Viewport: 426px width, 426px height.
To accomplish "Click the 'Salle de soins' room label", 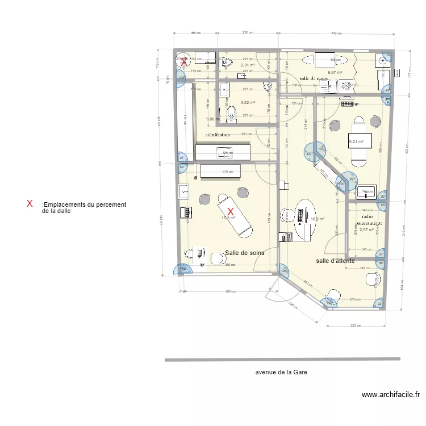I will coord(244,253).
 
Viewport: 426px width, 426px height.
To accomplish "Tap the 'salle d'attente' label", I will coord(336,261).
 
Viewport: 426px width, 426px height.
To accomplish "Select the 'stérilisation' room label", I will coord(218,135).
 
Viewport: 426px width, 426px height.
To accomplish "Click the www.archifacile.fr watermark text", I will coord(390,395).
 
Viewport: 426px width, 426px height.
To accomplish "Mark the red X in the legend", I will coord(30,203).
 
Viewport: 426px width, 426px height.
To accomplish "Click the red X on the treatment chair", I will coord(231,211).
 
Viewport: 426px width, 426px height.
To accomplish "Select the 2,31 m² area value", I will coord(248,65).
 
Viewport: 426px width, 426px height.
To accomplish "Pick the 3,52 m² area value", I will coord(248,103).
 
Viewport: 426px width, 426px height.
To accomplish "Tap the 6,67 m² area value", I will coord(335,73).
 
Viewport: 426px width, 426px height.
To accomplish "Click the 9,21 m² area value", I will coord(356,142).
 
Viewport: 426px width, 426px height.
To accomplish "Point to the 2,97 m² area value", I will coord(367,230).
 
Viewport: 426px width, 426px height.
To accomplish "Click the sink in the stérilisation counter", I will coord(220,152).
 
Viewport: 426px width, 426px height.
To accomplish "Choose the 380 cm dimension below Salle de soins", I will coord(230,292).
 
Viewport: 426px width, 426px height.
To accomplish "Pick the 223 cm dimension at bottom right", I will coord(356,325).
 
